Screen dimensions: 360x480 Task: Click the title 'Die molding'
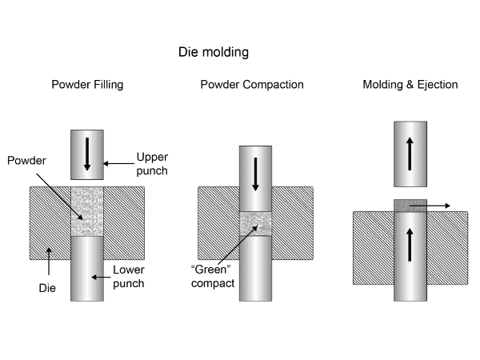click(214, 53)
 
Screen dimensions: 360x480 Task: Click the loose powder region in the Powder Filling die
click(87, 211)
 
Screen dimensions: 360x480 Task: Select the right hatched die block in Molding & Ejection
click(447, 248)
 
